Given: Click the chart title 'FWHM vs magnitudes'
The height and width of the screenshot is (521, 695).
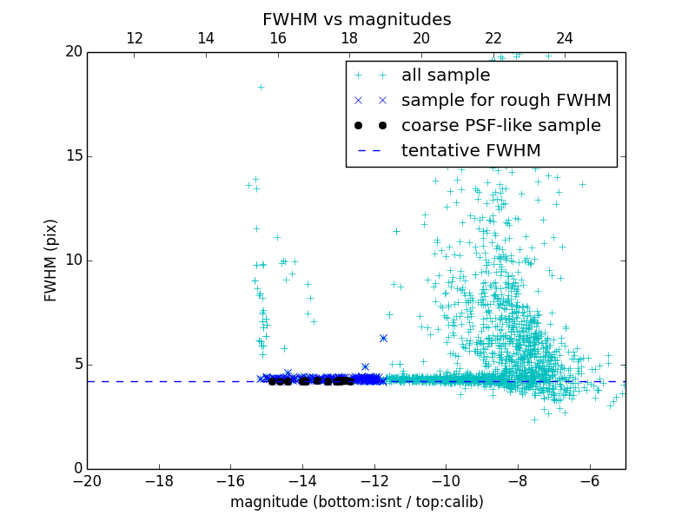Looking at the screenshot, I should pos(356,19).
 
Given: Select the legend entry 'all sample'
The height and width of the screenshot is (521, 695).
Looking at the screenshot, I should pos(446,76).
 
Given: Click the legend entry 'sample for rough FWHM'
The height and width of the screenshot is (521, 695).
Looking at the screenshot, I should pos(506,101).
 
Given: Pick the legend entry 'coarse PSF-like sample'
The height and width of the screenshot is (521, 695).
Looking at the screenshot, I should pos(500,126).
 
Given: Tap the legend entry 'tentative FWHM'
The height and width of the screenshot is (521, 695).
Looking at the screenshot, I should pos(470,151).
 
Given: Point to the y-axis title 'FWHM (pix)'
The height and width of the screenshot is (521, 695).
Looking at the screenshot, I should pos(51,260).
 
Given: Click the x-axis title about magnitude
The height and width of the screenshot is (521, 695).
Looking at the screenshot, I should pos(356,502).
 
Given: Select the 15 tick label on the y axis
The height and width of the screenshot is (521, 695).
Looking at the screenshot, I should pos(73,156).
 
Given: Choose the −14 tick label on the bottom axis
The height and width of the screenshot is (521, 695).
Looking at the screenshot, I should pos(302,481).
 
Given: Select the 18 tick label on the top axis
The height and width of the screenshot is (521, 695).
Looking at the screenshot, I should pos(349,38).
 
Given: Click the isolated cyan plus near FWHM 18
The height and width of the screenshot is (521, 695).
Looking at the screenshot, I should pos(261,87).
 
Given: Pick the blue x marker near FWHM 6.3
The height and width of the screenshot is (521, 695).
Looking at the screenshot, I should pos(383,338).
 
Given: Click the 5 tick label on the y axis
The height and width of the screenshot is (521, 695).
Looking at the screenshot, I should pos(76,365).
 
